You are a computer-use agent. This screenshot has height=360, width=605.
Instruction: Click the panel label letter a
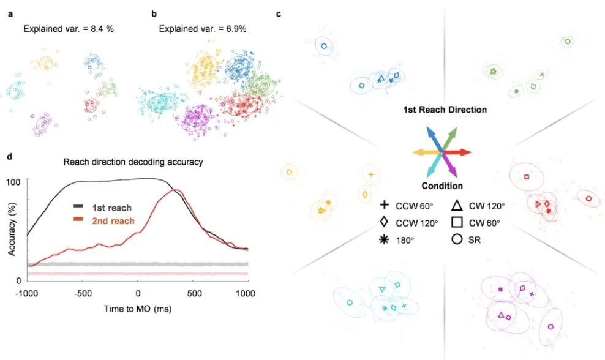coord(10,13)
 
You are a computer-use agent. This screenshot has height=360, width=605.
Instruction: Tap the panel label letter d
coord(10,157)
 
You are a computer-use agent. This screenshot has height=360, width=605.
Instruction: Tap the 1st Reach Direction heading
coord(445,110)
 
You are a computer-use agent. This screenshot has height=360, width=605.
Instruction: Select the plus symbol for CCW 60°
coord(385,205)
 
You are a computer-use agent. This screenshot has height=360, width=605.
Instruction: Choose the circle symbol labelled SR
coord(457,240)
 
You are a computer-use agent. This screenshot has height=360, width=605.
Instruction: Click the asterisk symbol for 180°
coord(385,240)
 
